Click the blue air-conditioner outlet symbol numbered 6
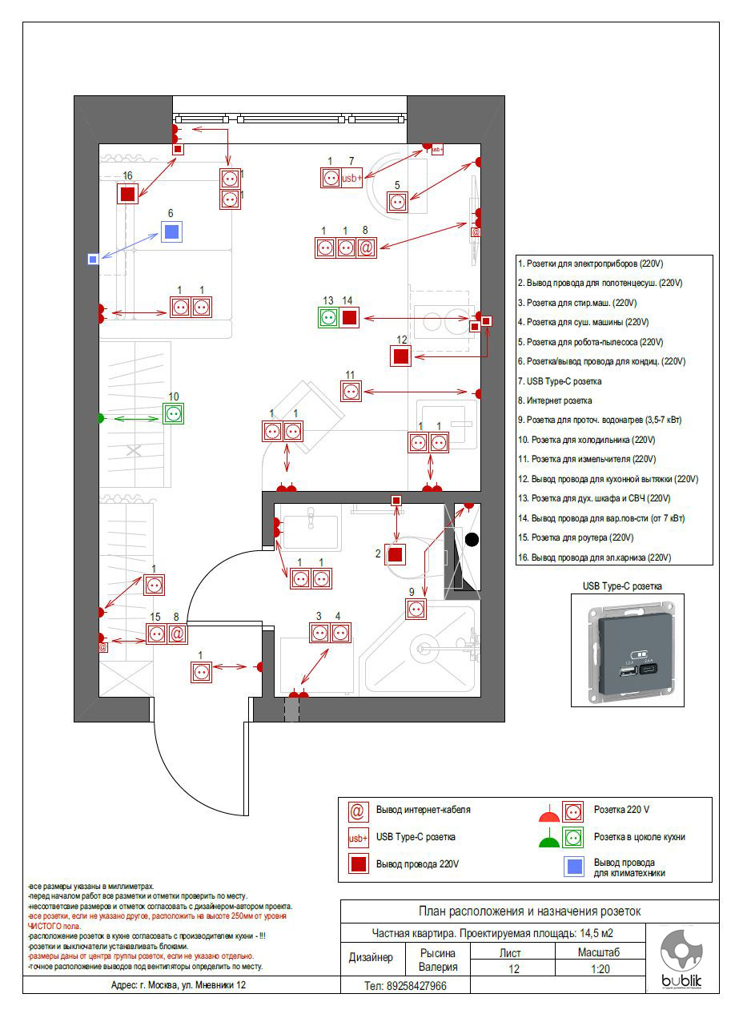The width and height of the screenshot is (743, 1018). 171,232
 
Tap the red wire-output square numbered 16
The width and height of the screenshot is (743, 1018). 127,193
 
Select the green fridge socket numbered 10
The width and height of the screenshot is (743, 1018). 174,414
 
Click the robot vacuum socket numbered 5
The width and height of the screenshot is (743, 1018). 398,202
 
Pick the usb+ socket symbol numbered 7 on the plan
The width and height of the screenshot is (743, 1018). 352,178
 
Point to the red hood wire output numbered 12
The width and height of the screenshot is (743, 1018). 402,356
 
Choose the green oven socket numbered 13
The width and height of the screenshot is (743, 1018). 327,317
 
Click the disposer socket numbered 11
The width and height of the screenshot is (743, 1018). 351,392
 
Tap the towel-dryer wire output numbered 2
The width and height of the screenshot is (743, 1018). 394,554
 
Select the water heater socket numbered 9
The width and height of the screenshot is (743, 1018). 415,609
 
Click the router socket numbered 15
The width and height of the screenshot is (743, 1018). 157,634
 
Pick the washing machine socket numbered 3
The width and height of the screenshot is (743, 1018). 320,633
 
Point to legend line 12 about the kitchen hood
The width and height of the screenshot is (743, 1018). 614,479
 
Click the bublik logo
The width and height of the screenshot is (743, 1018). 681,960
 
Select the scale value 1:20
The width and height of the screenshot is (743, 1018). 598,968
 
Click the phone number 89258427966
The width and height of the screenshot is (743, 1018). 405,986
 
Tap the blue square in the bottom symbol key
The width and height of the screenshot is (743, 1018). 573,866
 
